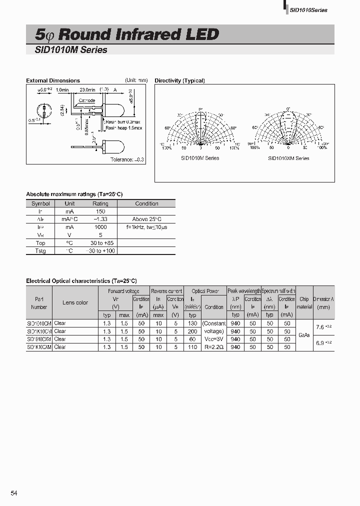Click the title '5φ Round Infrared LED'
(x=127, y=34)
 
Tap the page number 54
(x=14, y=493)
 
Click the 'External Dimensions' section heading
(x=53, y=80)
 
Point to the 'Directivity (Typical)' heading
(x=179, y=80)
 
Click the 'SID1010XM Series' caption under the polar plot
(x=288, y=158)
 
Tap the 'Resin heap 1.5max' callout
(x=123, y=128)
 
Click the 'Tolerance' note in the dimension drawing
(x=127, y=159)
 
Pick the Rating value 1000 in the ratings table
(x=100, y=227)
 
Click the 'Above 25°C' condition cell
(x=147, y=219)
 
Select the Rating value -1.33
(x=100, y=219)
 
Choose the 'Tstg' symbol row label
(x=40, y=250)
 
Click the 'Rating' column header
(x=100, y=203)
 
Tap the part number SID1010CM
(x=39, y=323)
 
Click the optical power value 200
(x=192, y=331)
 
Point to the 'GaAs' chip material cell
(x=304, y=335)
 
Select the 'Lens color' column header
(x=75, y=302)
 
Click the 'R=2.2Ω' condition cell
(x=214, y=346)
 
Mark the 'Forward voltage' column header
(x=123, y=291)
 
